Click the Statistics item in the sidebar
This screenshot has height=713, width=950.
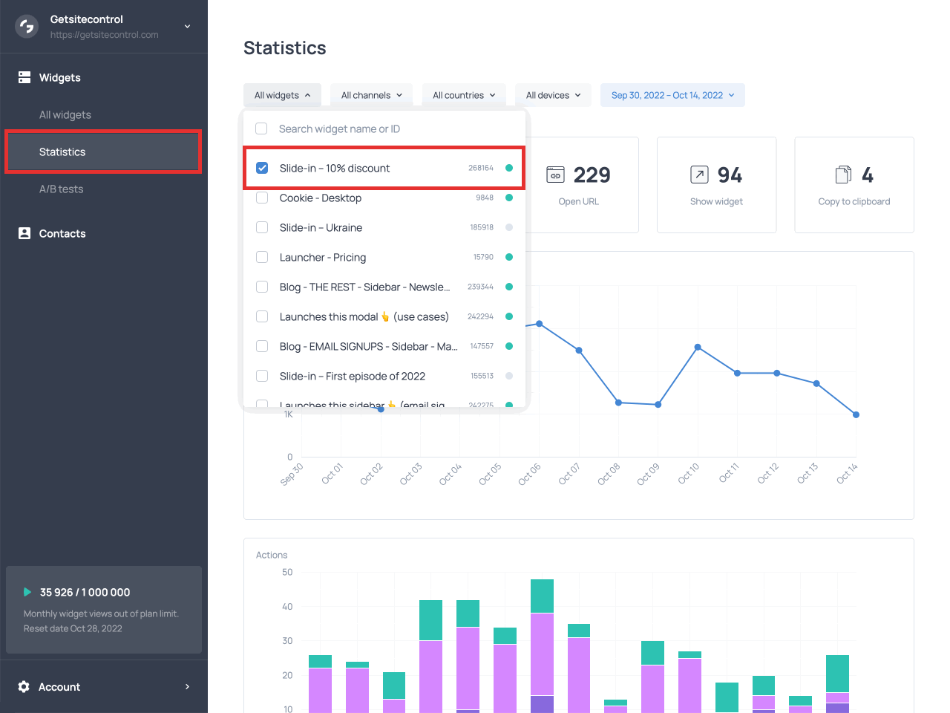pyautogui.click(x=62, y=152)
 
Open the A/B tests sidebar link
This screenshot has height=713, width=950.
pyautogui.click(x=61, y=189)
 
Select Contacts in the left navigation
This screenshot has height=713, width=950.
pyautogui.click(x=62, y=234)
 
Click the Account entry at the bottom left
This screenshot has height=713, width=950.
pyautogui.click(x=59, y=687)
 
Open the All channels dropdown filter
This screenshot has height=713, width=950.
pyautogui.click(x=371, y=95)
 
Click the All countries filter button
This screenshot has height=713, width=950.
pyautogui.click(x=464, y=95)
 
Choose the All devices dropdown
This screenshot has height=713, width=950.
pyautogui.click(x=553, y=95)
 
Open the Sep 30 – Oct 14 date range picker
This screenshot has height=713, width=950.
pyautogui.click(x=672, y=95)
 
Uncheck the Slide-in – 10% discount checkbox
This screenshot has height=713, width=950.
pyautogui.click(x=262, y=168)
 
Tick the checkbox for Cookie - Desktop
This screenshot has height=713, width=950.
pyautogui.click(x=262, y=198)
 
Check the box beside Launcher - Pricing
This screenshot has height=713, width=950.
pyautogui.click(x=262, y=257)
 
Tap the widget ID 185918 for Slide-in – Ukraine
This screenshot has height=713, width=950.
pyautogui.click(x=482, y=227)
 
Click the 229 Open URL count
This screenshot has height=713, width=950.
pyautogui.click(x=592, y=175)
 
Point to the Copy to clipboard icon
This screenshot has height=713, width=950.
pyautogui.click(x=843, y=175)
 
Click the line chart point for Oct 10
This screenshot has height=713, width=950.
pyautogui.click(x=698, y=347)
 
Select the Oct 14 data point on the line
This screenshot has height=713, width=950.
pyautogui.click(x=856, y=414)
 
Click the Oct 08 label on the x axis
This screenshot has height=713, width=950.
pyautogui.click(x=609, y=474)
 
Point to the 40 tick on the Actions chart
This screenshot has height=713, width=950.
pyautogui.click(x=287, y=607)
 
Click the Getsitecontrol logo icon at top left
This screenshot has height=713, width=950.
pyautogui.click(x=27, y=27)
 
